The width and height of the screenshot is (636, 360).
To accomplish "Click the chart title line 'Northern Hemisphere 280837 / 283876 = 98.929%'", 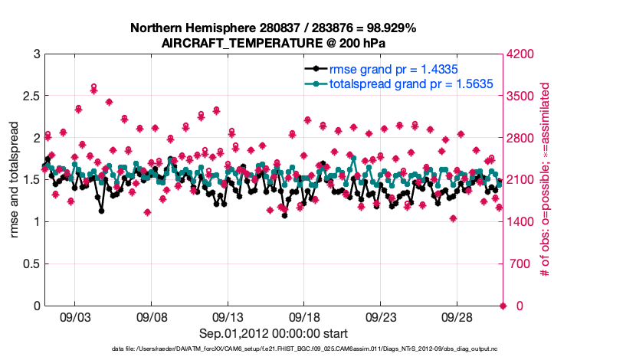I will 273,28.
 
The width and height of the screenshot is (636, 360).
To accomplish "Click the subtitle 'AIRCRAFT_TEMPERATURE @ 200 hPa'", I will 273,44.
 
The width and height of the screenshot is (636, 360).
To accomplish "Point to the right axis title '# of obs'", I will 546,180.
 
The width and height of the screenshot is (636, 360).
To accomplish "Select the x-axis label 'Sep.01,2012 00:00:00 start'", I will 273,333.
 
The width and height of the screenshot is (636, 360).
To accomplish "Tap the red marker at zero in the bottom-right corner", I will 503,306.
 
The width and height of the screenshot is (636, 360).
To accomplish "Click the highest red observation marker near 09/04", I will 93,87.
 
